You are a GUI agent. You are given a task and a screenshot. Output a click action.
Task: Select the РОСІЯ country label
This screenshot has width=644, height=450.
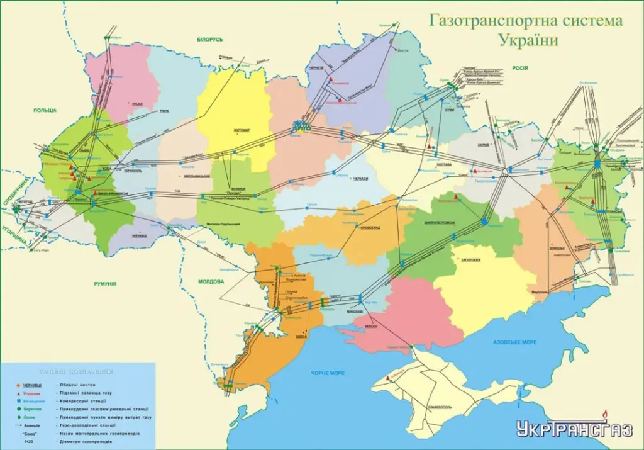point(519,68)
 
